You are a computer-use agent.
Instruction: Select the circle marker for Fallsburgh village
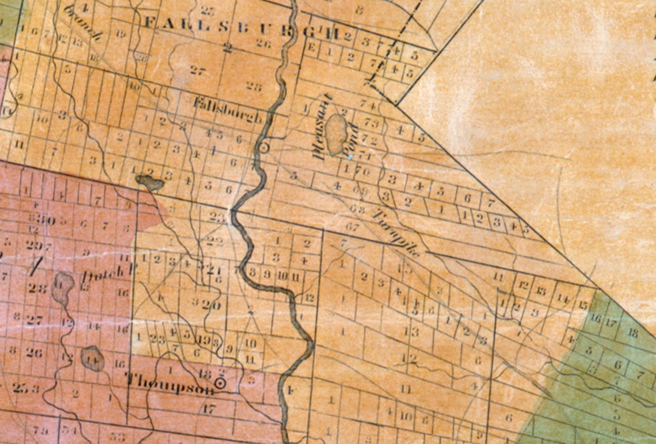(x=264, y=148)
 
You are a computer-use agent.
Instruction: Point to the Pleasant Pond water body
(x=335, y=133)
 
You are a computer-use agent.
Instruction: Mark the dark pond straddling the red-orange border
(x=150, y=183)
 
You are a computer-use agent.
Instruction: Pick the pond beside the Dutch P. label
(x=63, y=288)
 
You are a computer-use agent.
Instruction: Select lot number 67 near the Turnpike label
(x=352, y=225)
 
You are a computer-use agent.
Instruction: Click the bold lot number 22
(x=214, y=241)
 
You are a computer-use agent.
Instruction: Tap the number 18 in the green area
(x=632, y=332)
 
